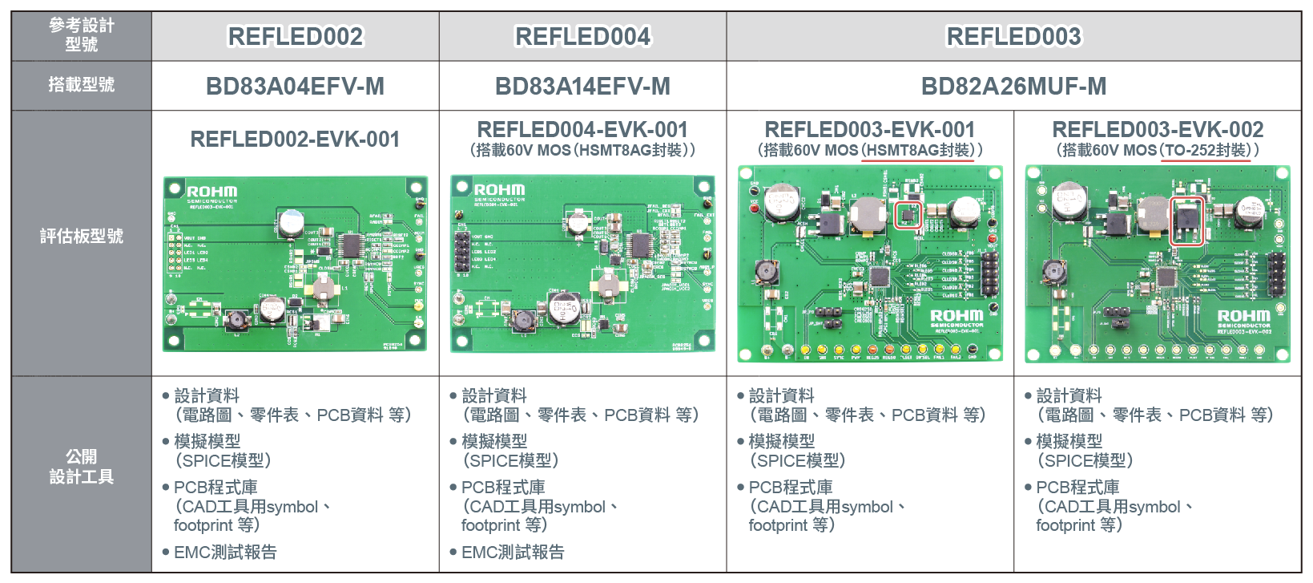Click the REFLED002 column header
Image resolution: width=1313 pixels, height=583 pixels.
click(x=295, y=37)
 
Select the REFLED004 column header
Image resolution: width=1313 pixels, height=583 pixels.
click(x=582, y=37)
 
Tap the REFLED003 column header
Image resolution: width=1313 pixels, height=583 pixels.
click(x=1013, y=37)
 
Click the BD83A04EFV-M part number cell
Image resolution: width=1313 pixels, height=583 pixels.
click(x=295, y=87)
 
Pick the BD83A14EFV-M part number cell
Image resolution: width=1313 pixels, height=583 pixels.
click(x=582, y=87)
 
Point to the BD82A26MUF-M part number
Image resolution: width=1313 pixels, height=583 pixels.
click(x=1013, y=87)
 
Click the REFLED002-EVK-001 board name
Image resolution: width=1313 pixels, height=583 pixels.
click(x=295, y=140)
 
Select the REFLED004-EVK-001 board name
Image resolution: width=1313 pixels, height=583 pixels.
click(x=582, y=130)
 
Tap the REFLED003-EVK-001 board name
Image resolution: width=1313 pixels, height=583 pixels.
click(x=870, y=130)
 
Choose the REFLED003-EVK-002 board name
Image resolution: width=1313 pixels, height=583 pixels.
click(x=1158, y=130)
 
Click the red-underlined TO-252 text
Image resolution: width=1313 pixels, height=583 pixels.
click(x=1205, y=151)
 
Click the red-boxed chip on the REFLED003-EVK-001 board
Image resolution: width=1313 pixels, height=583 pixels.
click(x=908, y=215)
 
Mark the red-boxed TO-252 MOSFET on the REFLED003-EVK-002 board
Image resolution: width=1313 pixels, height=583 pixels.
click(x=1186, y=221)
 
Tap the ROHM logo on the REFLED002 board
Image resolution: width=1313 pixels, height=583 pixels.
click(x=211, y=192)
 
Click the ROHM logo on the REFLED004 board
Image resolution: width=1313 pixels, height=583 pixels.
click(x=499, y=190)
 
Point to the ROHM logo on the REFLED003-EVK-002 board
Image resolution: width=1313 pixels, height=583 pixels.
click(x=1243, y=316)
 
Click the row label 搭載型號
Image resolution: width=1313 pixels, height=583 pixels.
click(x=81, y=85)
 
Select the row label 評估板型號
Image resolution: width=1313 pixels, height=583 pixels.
click(x=81, y=236)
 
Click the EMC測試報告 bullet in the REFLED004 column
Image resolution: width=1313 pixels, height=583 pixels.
click(x=513, y=552)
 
